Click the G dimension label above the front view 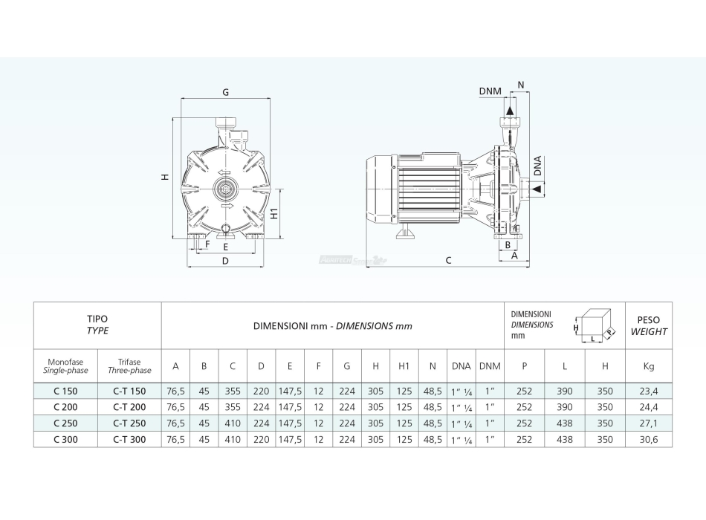224,93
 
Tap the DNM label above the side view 490,91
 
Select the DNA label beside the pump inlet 537,167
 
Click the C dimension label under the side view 448,260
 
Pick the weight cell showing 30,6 649,440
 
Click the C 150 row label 65,391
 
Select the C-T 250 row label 129,423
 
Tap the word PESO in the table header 649,320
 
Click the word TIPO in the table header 97,319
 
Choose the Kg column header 649,365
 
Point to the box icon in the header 596,325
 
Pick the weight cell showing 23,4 649,391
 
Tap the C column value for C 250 232,423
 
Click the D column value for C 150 261,391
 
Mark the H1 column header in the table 404,365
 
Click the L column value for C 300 564,440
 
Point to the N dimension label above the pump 520,85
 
